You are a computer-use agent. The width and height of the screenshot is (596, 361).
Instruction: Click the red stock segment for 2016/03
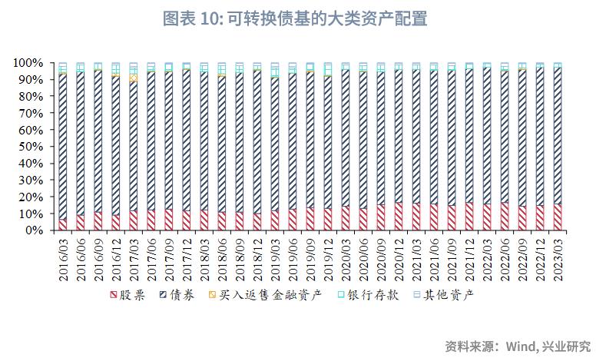[x=62, y=224]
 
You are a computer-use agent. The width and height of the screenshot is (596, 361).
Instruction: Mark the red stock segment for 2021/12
[x=469, y=217]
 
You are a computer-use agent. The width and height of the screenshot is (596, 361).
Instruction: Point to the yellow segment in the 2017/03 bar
[x=133, y=78]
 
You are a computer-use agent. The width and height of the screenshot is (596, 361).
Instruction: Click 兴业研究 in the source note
[x=566, y=346]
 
